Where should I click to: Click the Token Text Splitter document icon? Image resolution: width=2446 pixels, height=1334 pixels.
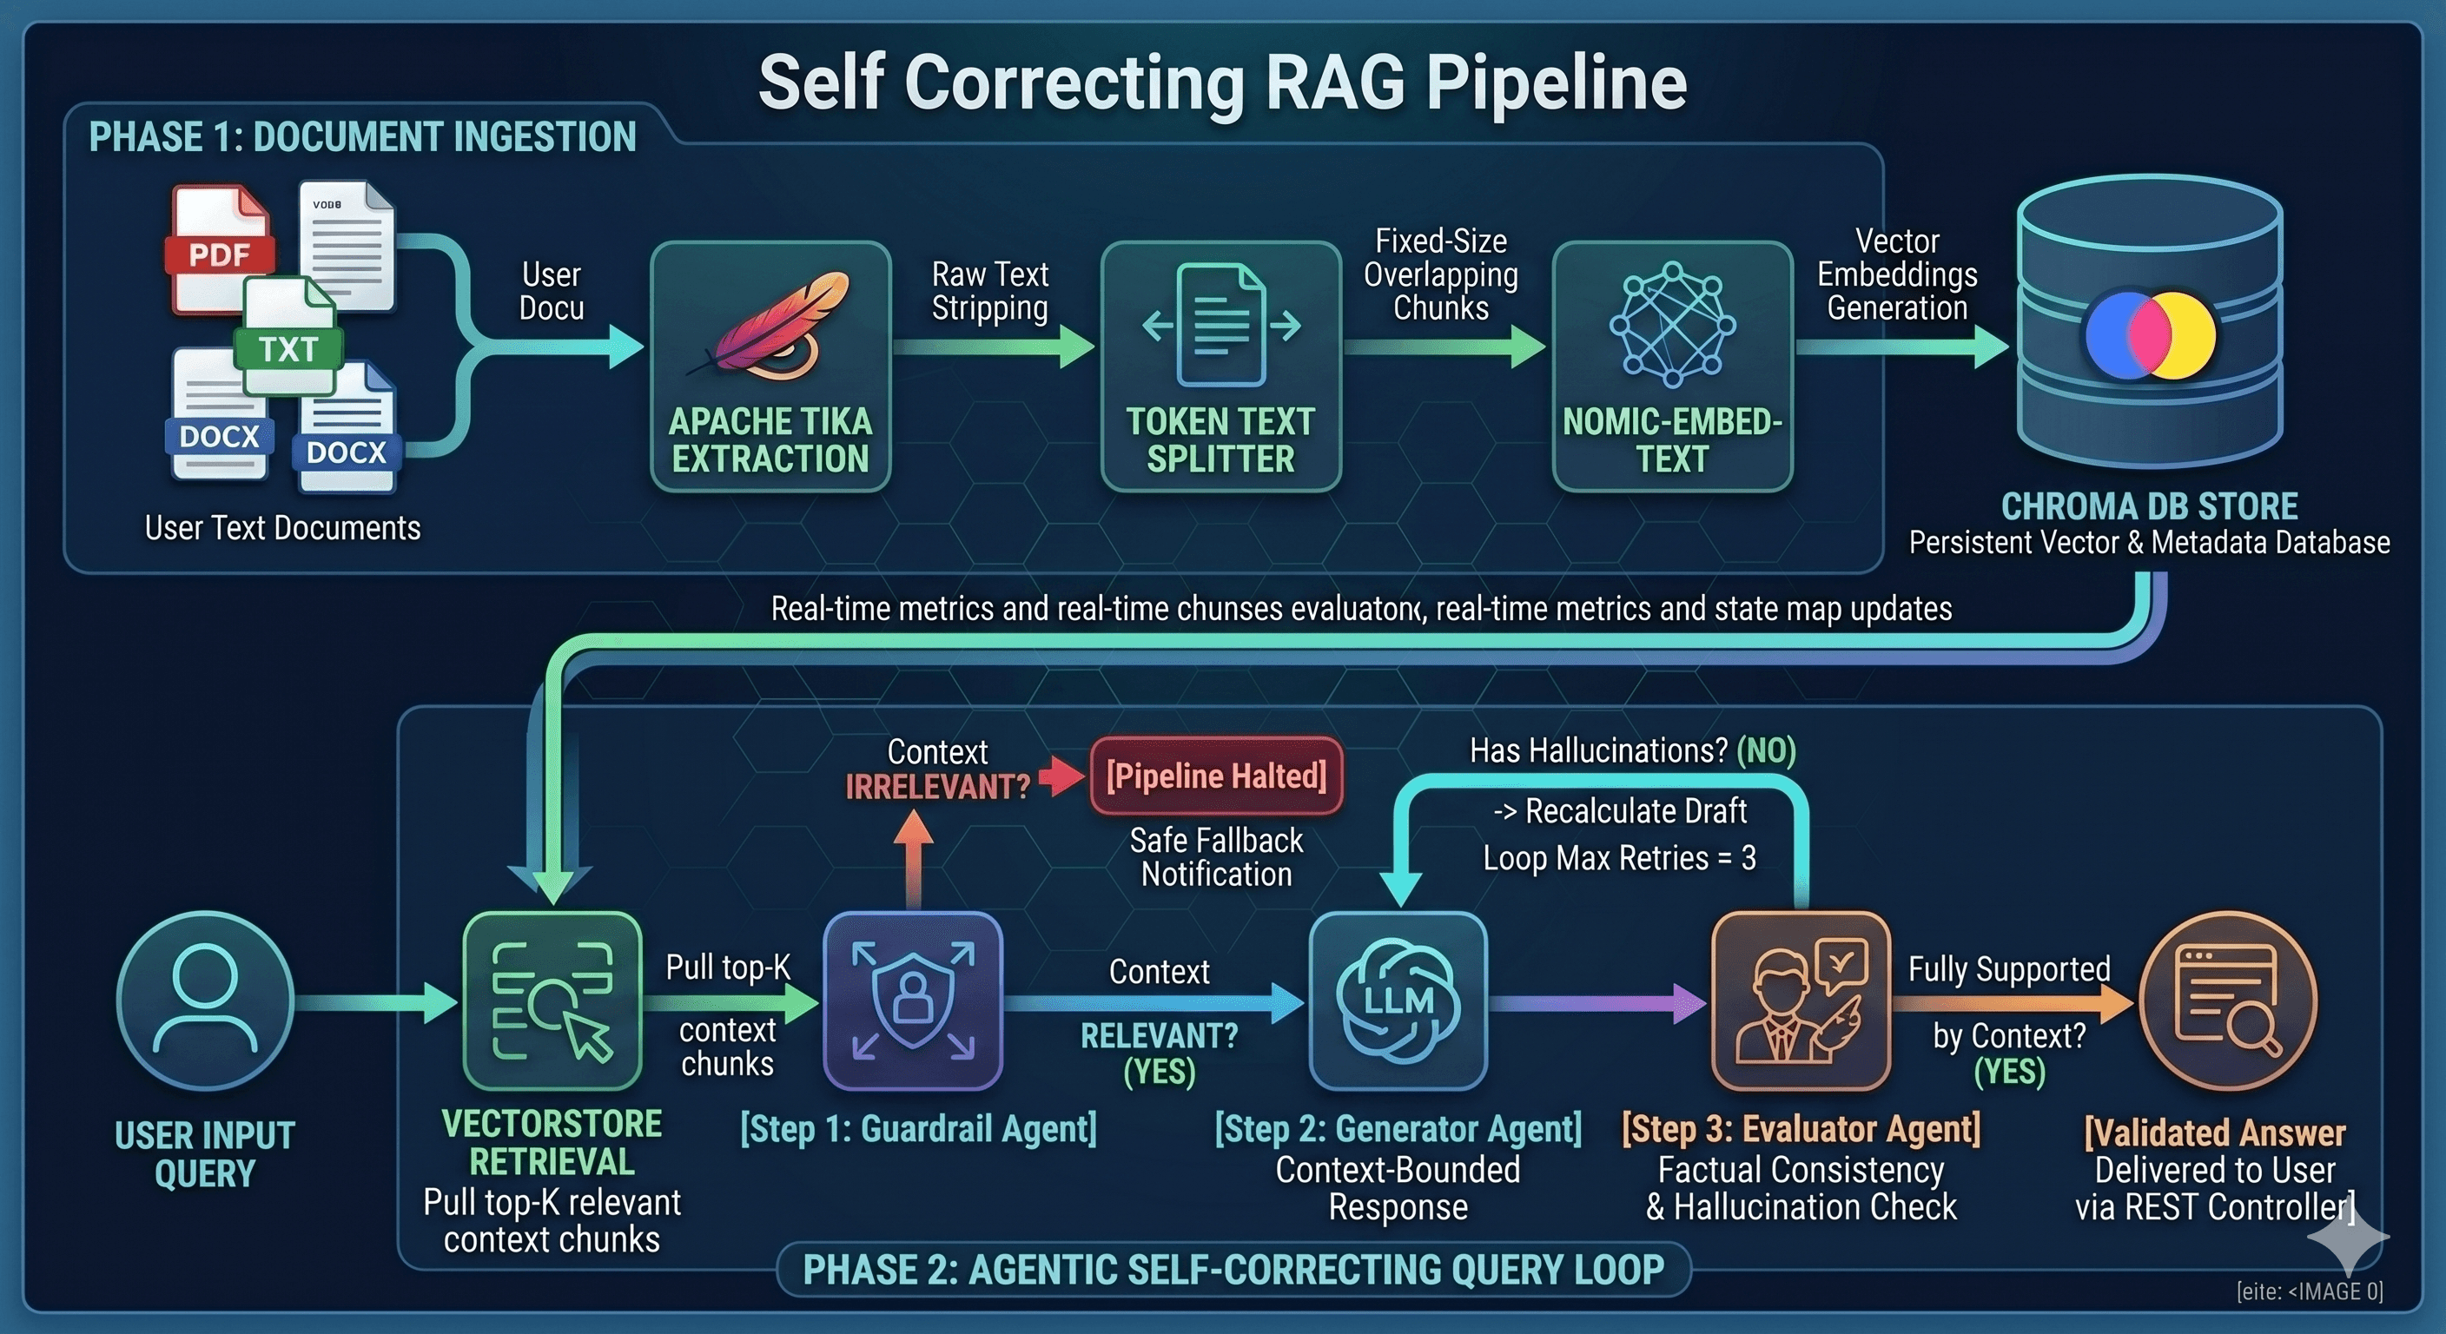[1220, 325]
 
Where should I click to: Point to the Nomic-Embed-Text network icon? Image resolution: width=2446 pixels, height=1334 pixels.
[1672, 325]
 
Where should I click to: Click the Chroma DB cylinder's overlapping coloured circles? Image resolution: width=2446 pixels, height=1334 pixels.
[2150, 335]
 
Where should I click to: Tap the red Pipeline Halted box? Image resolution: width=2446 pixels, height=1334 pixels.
[1216, 776]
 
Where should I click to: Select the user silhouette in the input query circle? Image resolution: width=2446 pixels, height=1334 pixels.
[205, 999]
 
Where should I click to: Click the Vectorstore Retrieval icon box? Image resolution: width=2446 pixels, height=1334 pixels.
[552, 1000]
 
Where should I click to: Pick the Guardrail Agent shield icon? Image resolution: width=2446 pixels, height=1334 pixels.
[913, 1000]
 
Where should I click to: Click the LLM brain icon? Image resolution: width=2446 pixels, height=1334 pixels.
[1398, 1000]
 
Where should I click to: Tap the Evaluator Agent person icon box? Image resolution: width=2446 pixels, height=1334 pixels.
[1801, 1000]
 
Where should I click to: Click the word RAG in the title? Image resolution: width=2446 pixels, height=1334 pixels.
[1336, 83]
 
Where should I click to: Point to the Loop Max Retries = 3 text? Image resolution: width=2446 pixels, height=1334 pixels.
[1619, 858]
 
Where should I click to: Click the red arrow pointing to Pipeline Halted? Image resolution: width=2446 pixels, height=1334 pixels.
[1061, 776]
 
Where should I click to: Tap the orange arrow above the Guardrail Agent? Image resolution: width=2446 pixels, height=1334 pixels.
[914, 858]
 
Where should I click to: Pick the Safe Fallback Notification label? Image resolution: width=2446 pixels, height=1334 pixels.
[1216, 856]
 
